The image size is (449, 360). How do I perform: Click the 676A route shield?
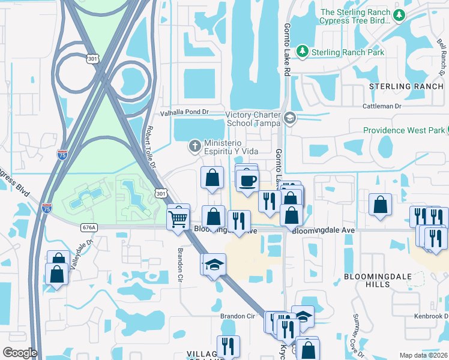pos(89,227)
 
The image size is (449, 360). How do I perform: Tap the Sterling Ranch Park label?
pos(348,52)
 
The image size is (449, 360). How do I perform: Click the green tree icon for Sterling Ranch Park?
pos(303,52)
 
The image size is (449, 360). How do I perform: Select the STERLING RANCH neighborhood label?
pos(406,86)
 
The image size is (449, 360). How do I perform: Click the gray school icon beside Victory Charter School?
pos(291,118)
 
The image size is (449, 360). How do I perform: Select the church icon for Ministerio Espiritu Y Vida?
pos(194,145)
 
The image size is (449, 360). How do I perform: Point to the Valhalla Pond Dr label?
pos(184,112)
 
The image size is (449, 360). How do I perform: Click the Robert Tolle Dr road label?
pos(152,148)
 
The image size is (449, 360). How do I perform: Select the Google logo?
pos(20,353)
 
